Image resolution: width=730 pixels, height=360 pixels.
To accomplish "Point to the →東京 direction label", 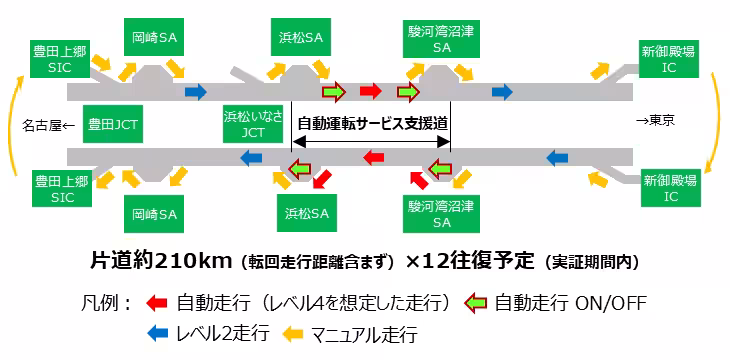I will (x=655, y=121).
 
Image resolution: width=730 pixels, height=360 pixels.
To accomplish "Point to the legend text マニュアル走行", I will (x=363, y=334).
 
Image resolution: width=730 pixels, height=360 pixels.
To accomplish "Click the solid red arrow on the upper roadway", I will (x=370, y=92).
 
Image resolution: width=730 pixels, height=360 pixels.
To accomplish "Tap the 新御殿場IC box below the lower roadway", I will (x=669, y=187).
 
